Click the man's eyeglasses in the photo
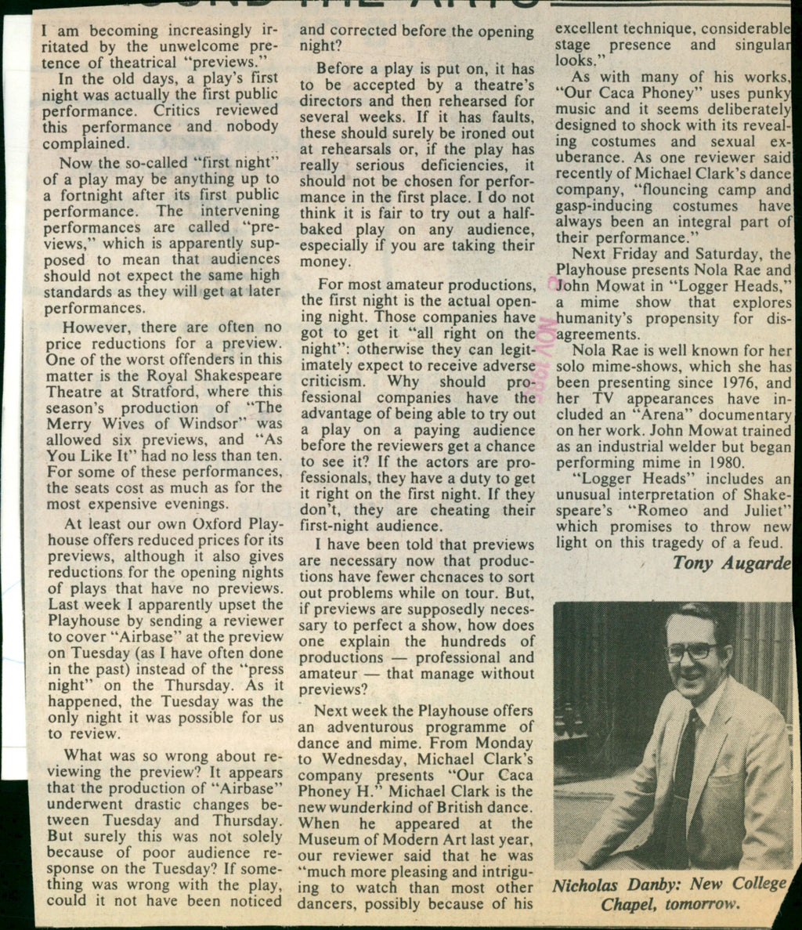(x=692, y=650)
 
